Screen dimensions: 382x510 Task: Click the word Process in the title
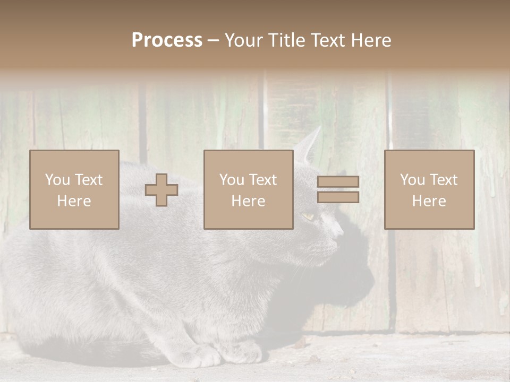(167, 40)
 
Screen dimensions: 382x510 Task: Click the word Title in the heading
(287, 40)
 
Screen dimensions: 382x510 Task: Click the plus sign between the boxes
(161, 190)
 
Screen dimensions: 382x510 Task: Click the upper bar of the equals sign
(338, 182)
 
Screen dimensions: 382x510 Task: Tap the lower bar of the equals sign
(338, 197)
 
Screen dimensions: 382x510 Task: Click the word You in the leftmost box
(57, 180)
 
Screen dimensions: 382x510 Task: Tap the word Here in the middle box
(248, 201)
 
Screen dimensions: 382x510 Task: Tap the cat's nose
(339, 231)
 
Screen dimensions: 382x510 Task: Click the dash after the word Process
(213, 41)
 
